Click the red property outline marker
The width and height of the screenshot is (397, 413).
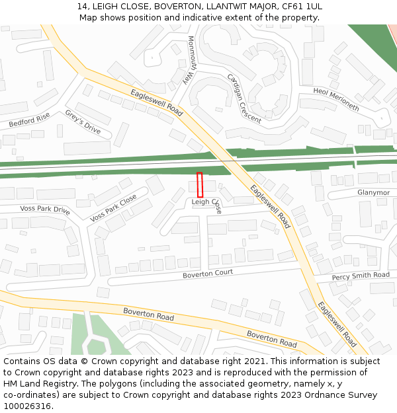(200, 184)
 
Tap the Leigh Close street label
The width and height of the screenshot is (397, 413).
(206, 202)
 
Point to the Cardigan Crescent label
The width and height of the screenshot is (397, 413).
(244, 93)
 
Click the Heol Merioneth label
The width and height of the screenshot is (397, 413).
(336, 99)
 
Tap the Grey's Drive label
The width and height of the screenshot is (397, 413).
(83, 122)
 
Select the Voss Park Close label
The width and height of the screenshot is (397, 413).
(113, 207)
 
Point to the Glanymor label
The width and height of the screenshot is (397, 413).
(373, 193)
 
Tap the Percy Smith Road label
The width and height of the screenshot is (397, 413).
(361, 276)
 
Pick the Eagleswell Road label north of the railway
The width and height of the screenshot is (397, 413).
(156, 102)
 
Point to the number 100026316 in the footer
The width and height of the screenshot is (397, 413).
(26, 406)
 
